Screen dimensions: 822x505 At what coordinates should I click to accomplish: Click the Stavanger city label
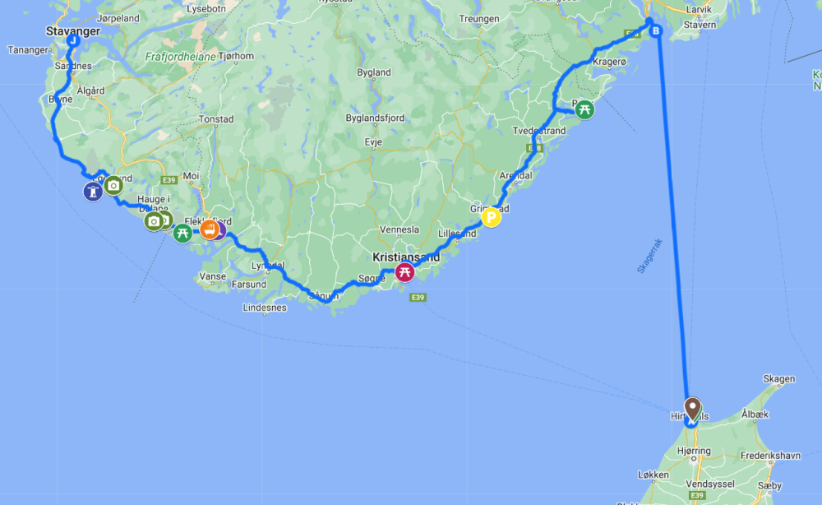[x=73, y=31]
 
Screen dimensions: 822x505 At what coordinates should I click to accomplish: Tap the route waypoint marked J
[x=73, y=40]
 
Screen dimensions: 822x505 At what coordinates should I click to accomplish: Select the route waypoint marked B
[x=656, y=31]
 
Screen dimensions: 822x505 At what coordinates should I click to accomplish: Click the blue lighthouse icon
[x=94, y=192]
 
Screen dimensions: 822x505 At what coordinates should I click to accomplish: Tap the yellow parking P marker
[x=492, y=218]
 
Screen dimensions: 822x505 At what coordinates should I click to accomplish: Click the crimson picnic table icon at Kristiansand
[x=404, y=272]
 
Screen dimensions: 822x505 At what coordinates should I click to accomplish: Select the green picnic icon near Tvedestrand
[x=584, y=109]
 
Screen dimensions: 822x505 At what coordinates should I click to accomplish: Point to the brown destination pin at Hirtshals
[x=692, y=407]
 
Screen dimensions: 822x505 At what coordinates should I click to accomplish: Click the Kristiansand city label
[x=406, y=257]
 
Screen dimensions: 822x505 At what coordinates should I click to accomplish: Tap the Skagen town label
[x=779, y=379]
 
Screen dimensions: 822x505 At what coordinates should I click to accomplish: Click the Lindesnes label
[x=265, y=308]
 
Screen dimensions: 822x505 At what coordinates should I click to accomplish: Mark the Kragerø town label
[x=609, y=62]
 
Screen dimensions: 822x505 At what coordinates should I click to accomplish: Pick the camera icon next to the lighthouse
[x=113, y=185]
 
